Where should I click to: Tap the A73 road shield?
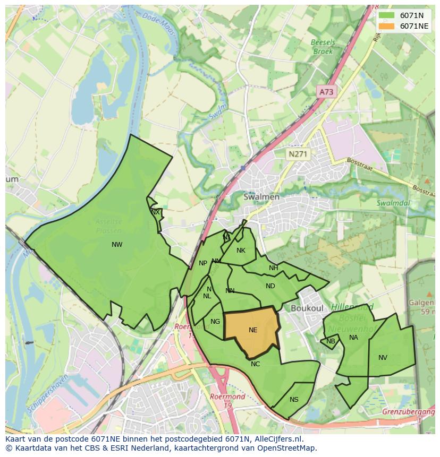tap(326, 92)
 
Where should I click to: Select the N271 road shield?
tap(298, 154)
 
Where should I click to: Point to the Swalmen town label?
tap(261, 197)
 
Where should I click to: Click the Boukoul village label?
tap(307, 308)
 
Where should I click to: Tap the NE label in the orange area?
tap(253, 330)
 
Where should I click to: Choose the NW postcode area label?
tap(117, 245)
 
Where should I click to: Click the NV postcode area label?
tap(383, 358)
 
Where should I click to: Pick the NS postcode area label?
tap(294, 400)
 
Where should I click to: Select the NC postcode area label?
tap(256, 364)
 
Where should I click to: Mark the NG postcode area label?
tap(215, 322)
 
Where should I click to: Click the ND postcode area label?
tap(270, 286)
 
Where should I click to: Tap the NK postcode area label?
tap(241, 251)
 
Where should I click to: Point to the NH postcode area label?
tap(273, 268)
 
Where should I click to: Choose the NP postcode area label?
tap(203, 263)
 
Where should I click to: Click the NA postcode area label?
tap(353, 338)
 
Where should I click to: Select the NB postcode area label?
tap(331, 341)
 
